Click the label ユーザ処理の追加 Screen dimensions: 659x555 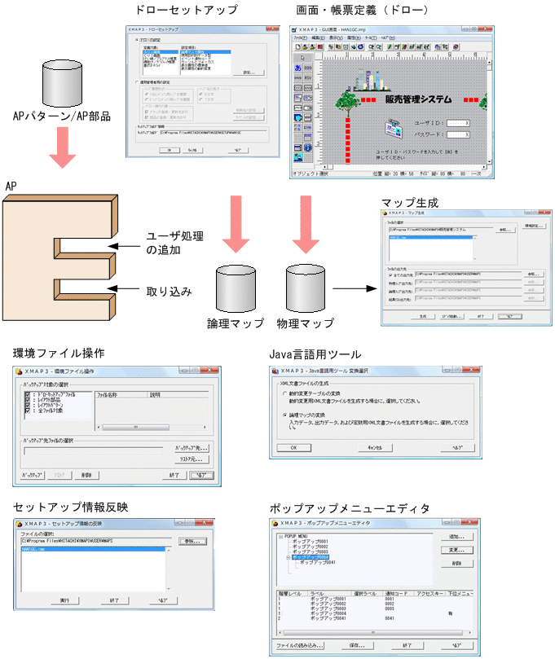pos(175,243)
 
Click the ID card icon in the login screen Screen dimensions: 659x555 pos(394,129)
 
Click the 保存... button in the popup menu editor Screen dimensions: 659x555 pos(356,645)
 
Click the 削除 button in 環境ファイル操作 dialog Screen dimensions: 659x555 pos(86,474)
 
